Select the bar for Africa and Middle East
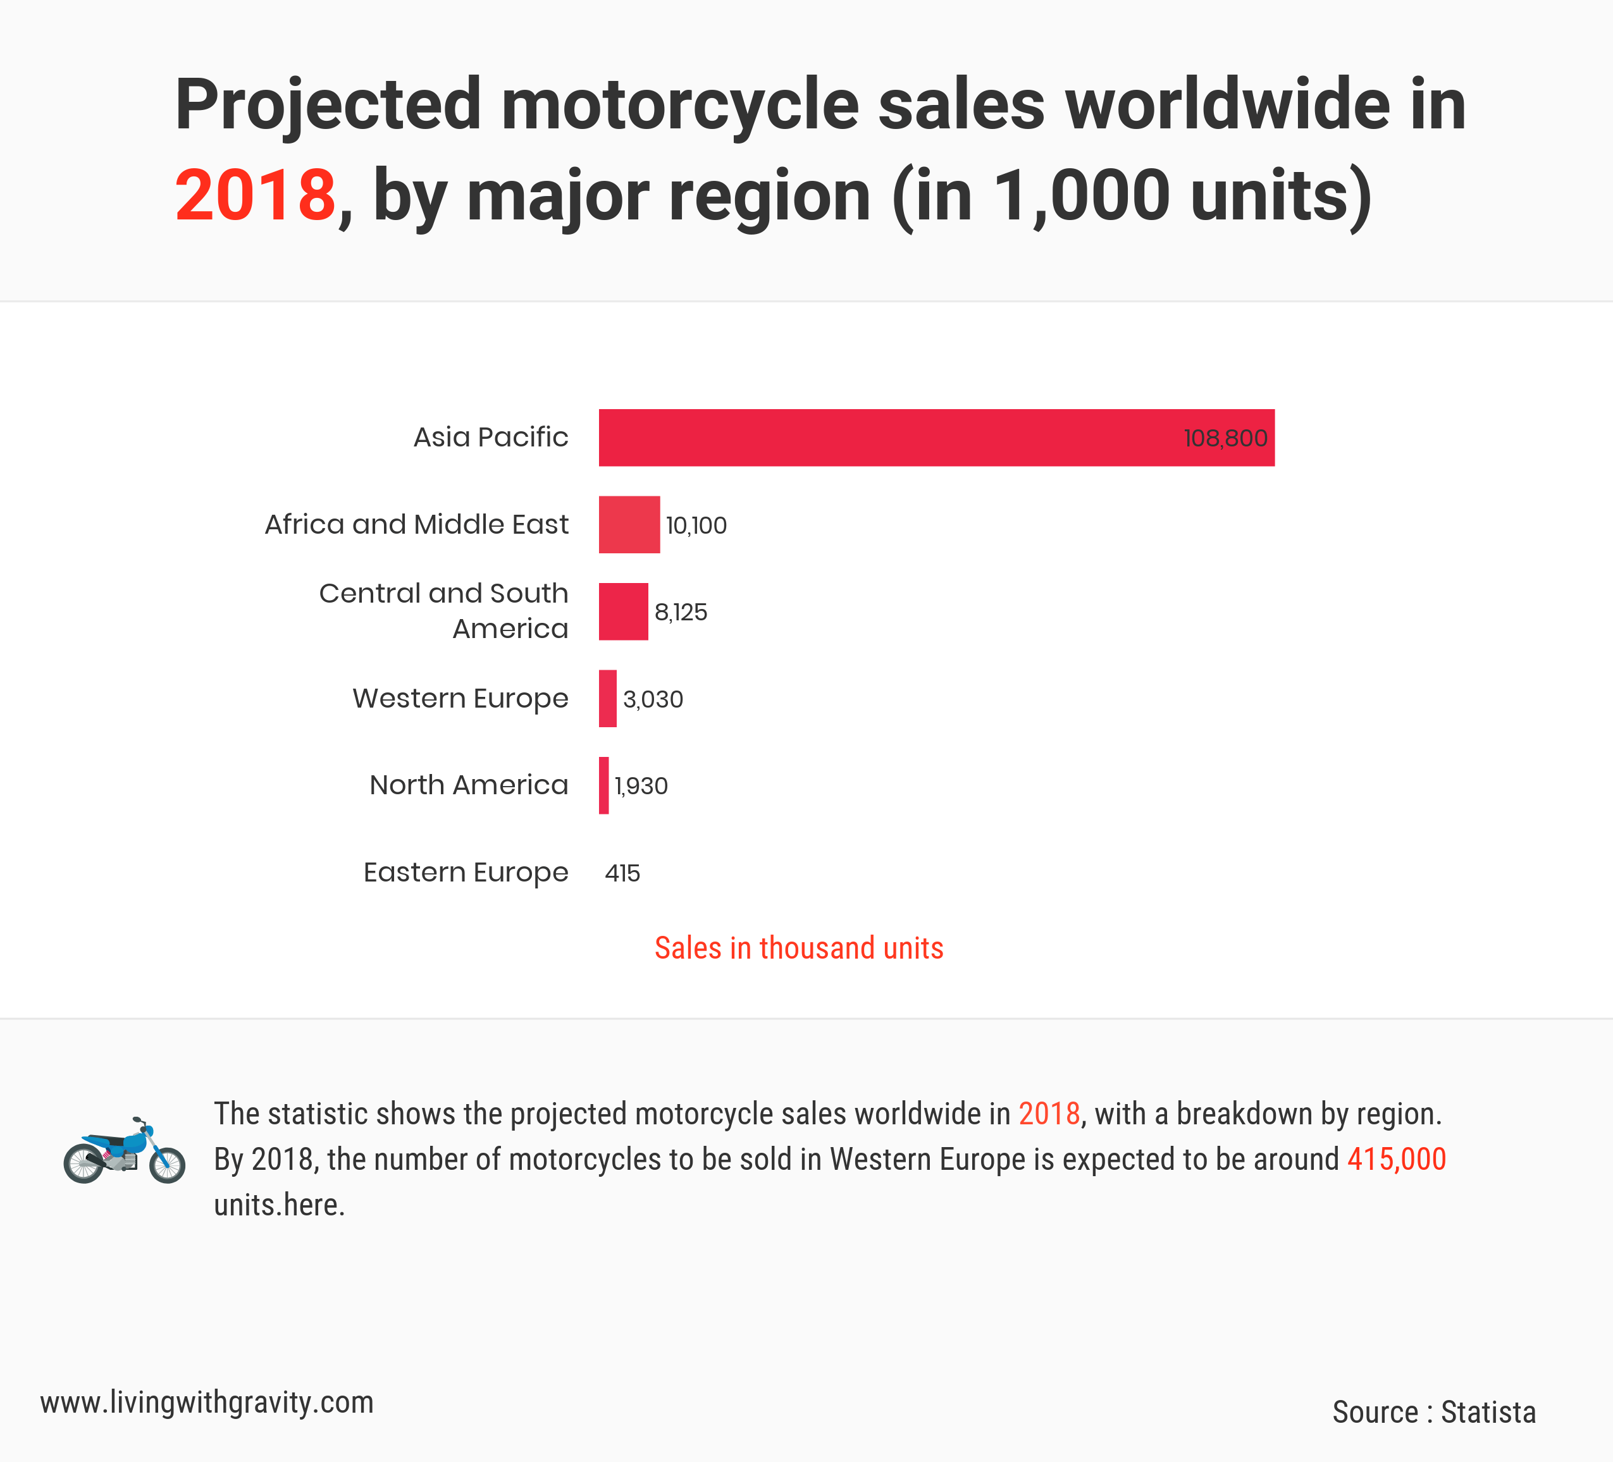coord(629,525)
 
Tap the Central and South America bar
coord(623,612)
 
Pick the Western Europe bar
coord(608,698)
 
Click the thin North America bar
coord(604,785)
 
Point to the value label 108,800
coord(1225,438)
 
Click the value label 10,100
coord(696,525)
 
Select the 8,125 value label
coord(681,613)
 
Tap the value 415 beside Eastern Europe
coord(622,873)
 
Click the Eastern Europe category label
coord(466,872)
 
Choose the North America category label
coord(469,785)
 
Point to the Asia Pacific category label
coord(490,437)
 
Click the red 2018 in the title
coord(255,195)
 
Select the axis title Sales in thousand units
coord(798,948)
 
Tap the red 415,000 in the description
coord(1396,1159)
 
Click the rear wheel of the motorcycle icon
coord(84,1164)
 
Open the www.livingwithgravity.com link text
coord(206,1402)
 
